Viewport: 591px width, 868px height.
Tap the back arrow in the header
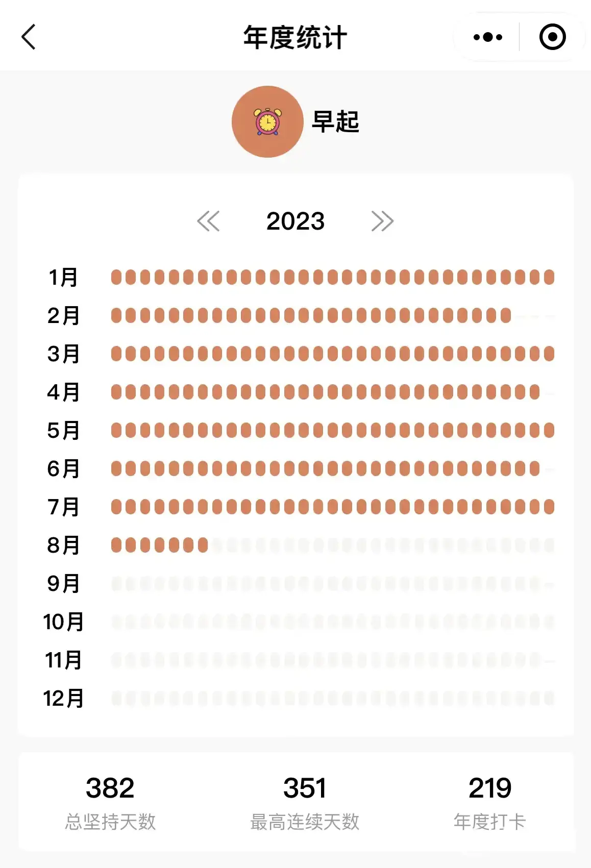coord(29,37)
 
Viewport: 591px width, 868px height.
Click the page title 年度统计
coord(295,37)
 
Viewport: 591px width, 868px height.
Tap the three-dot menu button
coord(487,37)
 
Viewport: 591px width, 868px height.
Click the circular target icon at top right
coord(552,37)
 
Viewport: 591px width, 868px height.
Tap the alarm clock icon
coord(267,122)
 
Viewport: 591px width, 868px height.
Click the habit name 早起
coord(335,122)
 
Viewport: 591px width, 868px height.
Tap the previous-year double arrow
coord(208,221)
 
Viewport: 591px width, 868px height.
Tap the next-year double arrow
coord(382,221)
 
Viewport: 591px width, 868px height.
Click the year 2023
coord(295,221)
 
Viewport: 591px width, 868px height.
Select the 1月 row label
coord(63,277)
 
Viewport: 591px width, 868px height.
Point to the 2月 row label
coord(63,315)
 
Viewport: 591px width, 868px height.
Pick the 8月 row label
coord(63,545)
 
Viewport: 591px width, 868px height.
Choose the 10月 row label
coord(63,622)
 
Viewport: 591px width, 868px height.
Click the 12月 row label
coord(63,698)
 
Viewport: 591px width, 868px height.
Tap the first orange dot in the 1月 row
coord(116,277)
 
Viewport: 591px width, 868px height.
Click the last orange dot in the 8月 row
coord(203,545)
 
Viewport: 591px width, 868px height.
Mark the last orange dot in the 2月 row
coord(506,315)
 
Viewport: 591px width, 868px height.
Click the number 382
coord(110,787)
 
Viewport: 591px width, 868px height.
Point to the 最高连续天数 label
coord(305,822)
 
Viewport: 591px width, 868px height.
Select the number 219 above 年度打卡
coord(489,787)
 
